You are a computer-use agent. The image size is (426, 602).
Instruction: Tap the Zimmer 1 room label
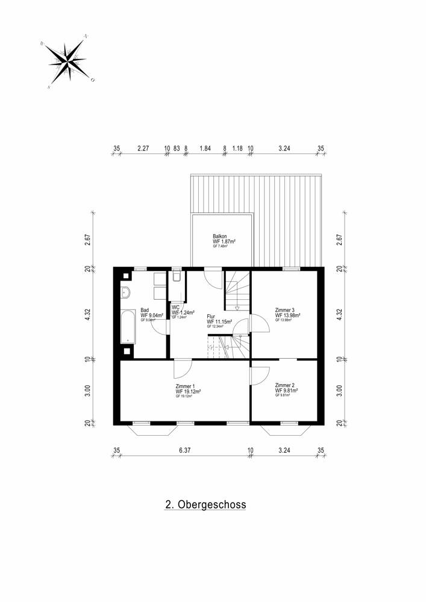[x=185, y=385]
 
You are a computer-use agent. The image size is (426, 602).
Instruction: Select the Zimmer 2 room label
[x=284, y=385]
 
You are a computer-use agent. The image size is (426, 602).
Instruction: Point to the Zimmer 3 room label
[x=284, y=309]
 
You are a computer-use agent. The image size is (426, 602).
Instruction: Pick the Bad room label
[x=145, y=309]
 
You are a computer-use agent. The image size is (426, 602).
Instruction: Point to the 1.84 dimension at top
[x=205, y=148]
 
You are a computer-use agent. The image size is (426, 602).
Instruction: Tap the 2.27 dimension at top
[x=143, y=148]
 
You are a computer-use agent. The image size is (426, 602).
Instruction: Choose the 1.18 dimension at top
[x=237, y=148]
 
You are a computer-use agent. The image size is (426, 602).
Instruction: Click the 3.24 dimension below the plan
[x=286, y=450]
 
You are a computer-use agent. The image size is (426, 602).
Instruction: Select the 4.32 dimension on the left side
[x=88, y=315]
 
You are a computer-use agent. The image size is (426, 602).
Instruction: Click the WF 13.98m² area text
[x=288, y=315]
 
